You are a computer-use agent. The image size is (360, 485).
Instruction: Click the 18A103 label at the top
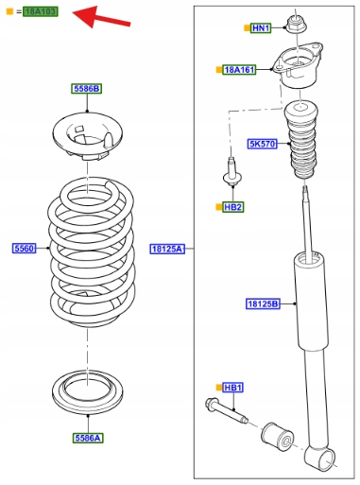pos(41,11)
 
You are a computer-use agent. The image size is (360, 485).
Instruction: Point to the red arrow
pos(101,17)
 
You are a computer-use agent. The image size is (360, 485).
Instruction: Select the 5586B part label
pos(86,89)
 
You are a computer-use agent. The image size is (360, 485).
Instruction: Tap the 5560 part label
pos(25,249)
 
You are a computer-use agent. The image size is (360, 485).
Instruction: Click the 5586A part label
pos(88,438)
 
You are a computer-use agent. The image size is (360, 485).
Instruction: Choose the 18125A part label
pos(167,249)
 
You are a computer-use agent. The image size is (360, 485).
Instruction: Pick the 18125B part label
pos(263,303)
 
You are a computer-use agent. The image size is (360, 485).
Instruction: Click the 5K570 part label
pos(262,144)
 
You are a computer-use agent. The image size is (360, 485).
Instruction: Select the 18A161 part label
pos(239,70)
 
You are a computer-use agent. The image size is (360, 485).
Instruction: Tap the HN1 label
pos(261,28)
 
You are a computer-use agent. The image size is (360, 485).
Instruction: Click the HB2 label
pos(233,207)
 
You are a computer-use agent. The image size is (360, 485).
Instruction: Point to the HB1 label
pos(233,388)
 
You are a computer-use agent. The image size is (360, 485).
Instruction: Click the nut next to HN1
pos(296,25)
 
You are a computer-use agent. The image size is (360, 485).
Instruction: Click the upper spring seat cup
pos(88,136)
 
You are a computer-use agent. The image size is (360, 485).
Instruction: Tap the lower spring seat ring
pos(88,391)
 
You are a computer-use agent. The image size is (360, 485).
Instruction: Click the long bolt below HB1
pos(226,410)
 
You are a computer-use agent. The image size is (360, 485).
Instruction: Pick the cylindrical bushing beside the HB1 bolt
pos(278,436)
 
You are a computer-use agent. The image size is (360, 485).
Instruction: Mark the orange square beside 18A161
pos(218,70)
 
